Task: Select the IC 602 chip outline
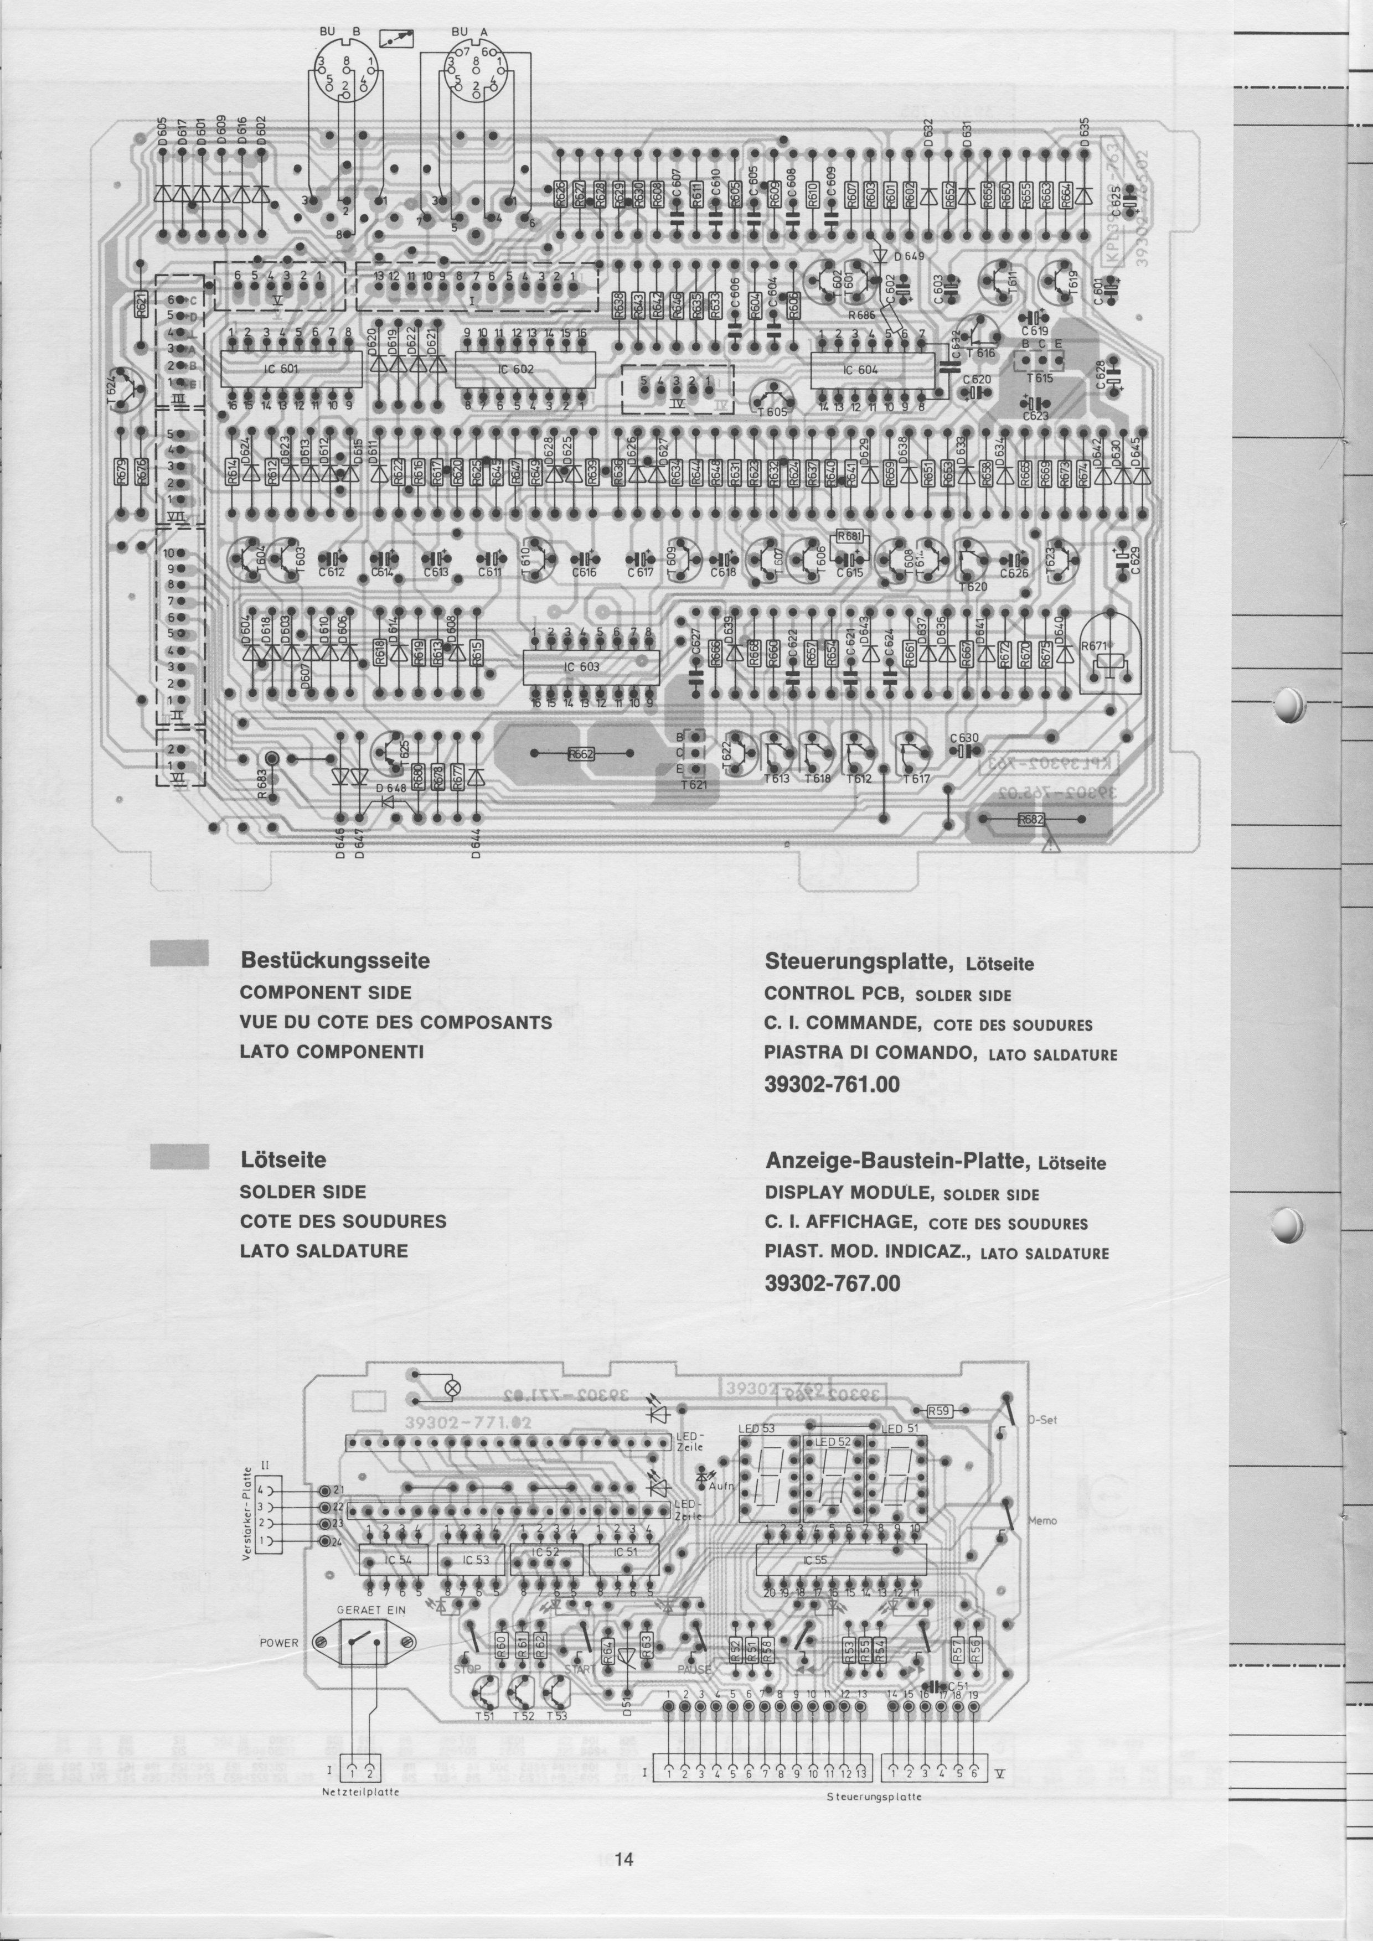coord(524,369)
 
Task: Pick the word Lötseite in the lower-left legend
coord(283,1159)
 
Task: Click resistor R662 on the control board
coord(580,753)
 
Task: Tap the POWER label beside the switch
coord(279,1643)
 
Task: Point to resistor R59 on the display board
coord(940,1411)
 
